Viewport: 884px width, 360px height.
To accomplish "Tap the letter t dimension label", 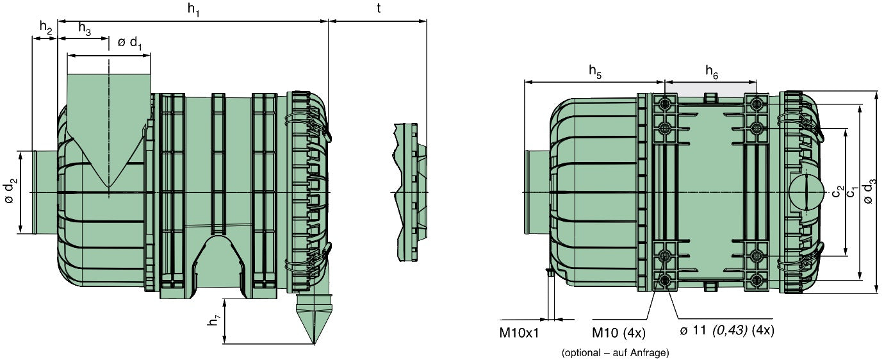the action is point(379,8).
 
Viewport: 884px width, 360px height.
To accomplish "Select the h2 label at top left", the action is point(46,28).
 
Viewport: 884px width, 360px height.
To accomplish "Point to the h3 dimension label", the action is point(85,28).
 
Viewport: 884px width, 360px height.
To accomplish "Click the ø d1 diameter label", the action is point(130,43).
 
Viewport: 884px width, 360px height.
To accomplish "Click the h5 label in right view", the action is point(595,72).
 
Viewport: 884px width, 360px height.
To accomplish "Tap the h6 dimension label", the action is point(712,72).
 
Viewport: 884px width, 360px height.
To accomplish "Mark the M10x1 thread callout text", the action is point(519,333).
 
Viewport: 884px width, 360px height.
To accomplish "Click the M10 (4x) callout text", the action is point(618,333).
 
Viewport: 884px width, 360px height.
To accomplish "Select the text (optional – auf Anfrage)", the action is point(615,352).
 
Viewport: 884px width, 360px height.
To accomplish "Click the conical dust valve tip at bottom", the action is point(315,343).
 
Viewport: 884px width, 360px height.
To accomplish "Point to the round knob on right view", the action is point(806,192).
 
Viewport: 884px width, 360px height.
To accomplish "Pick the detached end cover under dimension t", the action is point(411,192).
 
